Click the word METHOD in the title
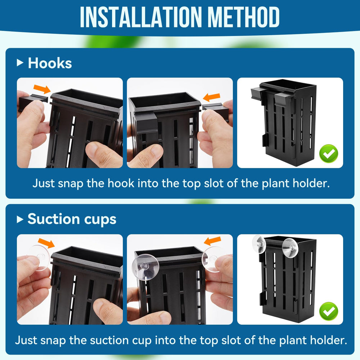tap(244, 17)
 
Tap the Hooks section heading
tap(50, 63)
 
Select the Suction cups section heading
tap(72, 219)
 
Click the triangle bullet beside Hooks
tap(20, 62)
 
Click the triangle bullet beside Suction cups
tap(20, 220)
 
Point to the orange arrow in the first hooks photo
tap(42, 89)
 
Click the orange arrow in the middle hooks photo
tap(211, 97)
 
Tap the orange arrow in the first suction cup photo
tap(46, 243)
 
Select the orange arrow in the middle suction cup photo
tap(212, 241)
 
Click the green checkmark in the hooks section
tap(329, 154)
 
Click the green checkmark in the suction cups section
tap(329, 311)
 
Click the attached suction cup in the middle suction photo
tap(145, 267)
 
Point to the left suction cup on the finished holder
tap(259, 244)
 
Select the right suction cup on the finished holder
tap(290, 248)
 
